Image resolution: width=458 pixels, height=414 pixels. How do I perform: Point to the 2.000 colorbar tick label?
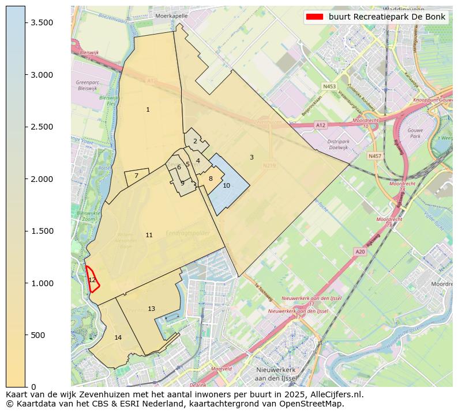point(42,179)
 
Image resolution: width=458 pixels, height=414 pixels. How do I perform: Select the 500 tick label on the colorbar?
point(39,335)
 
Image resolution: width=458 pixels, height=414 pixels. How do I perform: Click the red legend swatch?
point(314,17)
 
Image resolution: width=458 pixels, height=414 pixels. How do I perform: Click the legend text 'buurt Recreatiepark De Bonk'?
point(387,17)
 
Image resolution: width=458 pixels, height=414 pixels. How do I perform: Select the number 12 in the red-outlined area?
point(92,280)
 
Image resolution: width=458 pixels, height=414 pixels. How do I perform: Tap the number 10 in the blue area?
point(226,185)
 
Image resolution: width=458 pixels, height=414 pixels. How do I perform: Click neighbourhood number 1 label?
point(148,109)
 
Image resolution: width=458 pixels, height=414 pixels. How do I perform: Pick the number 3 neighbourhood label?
point(251,157)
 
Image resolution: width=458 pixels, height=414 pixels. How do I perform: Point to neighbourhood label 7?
point(136,176)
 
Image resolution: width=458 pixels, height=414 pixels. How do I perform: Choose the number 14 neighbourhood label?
point(118,337)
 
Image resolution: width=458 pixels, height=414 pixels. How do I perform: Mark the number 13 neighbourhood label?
point(151,309)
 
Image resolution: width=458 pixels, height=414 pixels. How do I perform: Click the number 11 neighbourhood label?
point(149,235)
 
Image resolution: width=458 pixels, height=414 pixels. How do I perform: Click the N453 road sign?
point(329,86)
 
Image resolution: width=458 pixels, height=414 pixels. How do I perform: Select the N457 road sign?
point(375,156)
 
